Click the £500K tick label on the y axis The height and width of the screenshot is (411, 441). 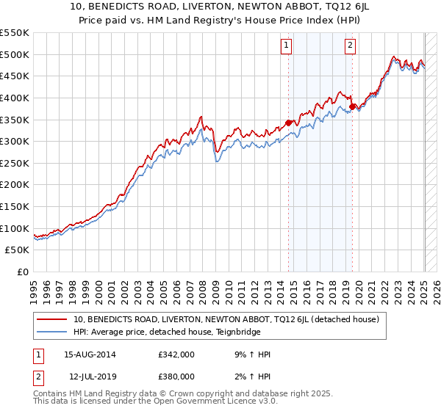[15, 54]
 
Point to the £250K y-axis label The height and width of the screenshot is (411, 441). [15, 185]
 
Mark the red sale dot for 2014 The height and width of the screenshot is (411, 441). [288, 123]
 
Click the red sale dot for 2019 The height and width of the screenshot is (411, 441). [352, 106]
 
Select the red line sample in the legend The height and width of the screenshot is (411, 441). [52, 319]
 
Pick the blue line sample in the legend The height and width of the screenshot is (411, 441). [52, 331]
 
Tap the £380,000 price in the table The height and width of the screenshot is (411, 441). [176, 376]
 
